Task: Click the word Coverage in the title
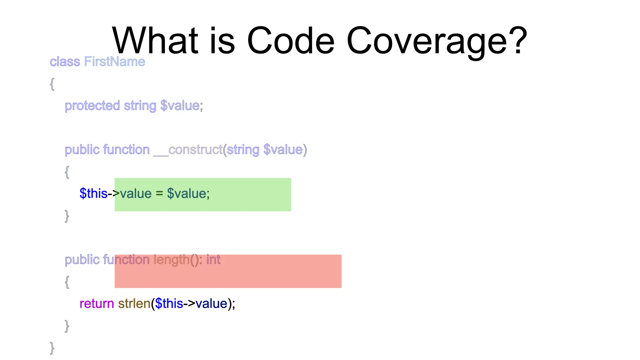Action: coord(427,41)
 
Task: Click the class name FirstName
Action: coord(115,62)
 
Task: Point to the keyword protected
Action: coord(92,106)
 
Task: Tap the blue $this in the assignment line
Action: coord(93,193)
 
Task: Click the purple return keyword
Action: coord(97,304)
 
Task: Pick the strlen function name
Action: coord(134,304)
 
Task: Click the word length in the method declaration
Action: coord(172,260)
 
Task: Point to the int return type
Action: coord(213,260)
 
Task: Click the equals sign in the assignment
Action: coord(159,194)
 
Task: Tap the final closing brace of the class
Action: coord(52,348)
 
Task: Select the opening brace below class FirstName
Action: coord(52,84)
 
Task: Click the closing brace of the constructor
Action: coord(67,216)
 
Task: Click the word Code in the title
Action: coord(291,41)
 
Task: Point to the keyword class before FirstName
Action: coord(65,62)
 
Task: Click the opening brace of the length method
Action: coord(67,282)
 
